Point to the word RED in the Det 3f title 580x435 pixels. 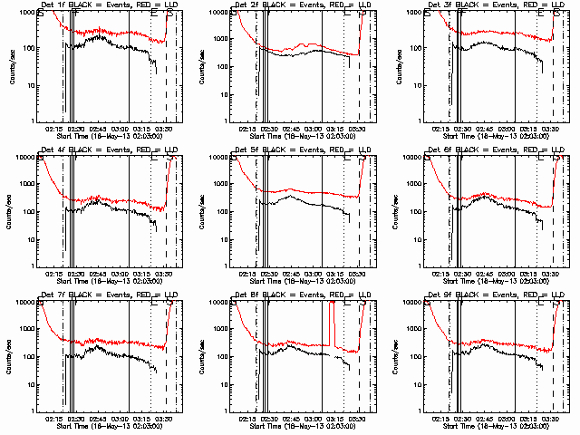[x=520, y=5]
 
